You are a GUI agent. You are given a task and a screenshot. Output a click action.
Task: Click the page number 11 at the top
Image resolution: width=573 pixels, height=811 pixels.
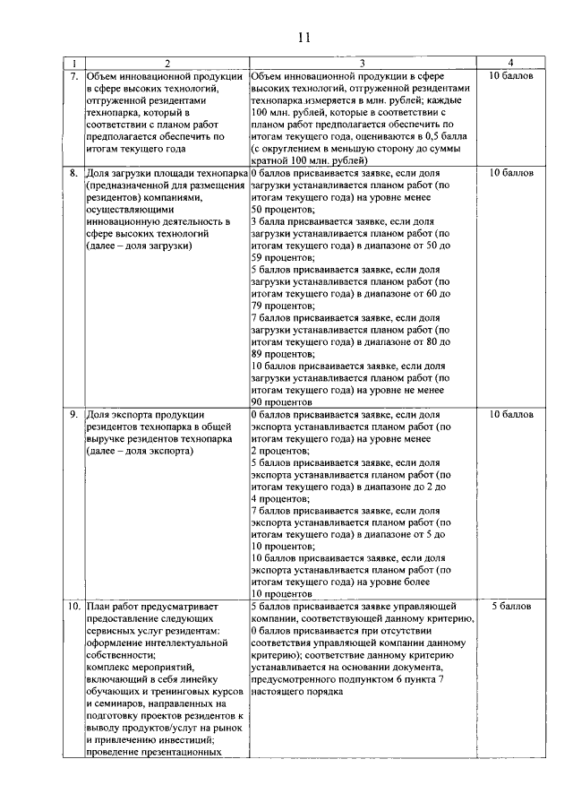pyautogui.click(x=304, y=37)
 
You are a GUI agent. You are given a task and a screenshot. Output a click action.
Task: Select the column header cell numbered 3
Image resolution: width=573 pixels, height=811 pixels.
pyautogui.click(x=361, y=63)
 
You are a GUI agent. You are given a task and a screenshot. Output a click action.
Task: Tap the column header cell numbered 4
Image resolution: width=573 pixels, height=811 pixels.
pyautogui.click(x=510, y=63)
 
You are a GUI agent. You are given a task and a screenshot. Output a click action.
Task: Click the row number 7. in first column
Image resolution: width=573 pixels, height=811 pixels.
pyautogui.click(x=74, y=76)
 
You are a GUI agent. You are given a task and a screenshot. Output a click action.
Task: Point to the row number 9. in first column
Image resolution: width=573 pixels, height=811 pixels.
pyautogui.click(x=74, y=415)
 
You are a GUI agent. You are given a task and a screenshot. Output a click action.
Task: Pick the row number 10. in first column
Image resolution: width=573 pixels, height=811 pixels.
pyautogui.click(x=74, y=607)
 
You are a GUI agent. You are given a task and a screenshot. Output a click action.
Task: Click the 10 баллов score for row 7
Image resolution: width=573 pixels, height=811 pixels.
pyautogui.click(x=511, y=76)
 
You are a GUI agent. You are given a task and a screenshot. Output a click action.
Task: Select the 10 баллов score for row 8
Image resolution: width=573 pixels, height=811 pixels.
pyautogui.click(x=511, y=171)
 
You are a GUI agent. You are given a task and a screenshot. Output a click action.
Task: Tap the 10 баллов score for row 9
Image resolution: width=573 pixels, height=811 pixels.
pyautogui.click(x=511, y=415)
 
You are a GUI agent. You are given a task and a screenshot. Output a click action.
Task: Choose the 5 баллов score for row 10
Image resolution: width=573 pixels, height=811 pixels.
pyautogui.click(x=511, y=607)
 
